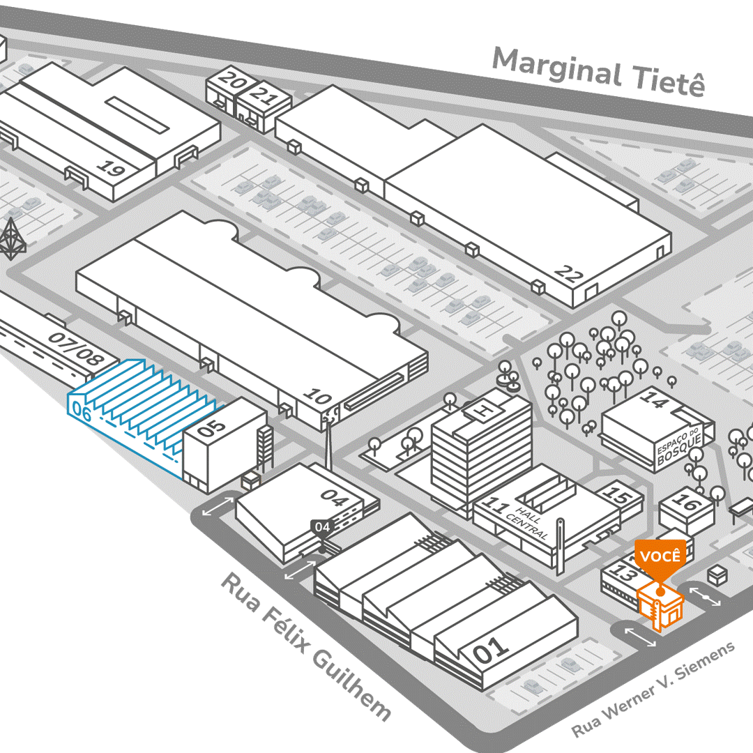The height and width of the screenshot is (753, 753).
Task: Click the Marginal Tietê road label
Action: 598,73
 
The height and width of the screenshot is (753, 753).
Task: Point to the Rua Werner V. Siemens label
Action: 653,690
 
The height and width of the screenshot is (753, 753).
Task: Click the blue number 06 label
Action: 82,413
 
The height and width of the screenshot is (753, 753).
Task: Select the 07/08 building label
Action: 76,348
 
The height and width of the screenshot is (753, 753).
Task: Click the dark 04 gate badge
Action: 322,526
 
